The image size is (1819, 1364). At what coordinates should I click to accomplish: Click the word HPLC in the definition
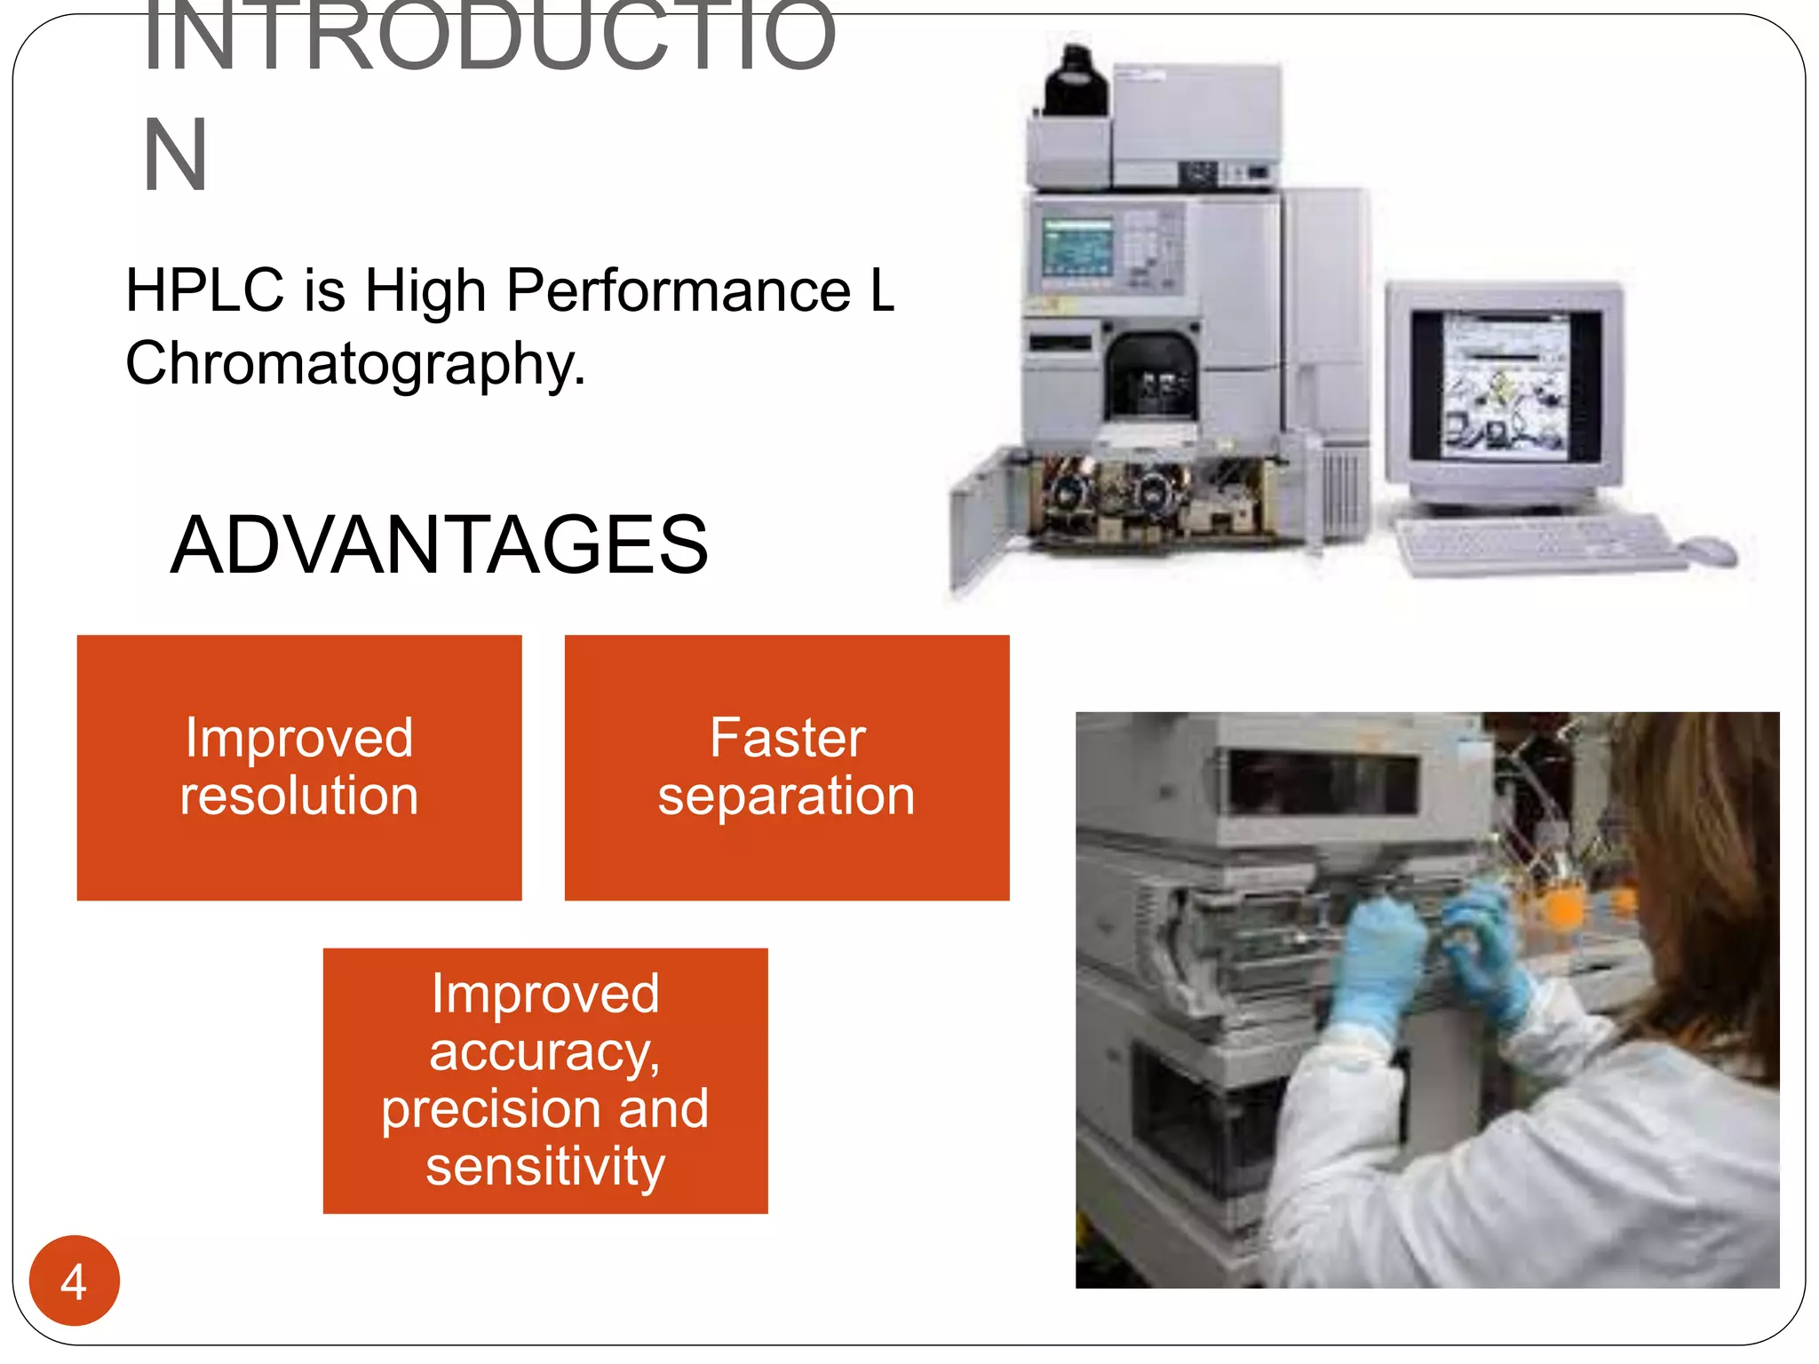204,290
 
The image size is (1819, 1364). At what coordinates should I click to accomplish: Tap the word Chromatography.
355,364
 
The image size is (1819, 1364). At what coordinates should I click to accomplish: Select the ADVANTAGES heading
439,544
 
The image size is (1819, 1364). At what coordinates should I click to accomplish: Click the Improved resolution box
299,767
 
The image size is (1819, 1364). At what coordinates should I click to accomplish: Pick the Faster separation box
787,767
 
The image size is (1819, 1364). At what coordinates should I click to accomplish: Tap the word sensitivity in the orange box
545,1167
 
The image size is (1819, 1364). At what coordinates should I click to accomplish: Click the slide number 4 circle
74,1281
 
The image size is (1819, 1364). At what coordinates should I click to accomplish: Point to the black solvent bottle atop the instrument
1076,82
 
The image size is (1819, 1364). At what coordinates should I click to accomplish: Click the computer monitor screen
1505,387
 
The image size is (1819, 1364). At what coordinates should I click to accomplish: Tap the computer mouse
1709,551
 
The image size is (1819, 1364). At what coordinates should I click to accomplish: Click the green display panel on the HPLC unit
1076,247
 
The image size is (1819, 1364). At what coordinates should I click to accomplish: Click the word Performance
679,290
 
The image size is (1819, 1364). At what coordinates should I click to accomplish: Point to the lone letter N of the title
175,155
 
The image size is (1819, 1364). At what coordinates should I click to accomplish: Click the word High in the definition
425,290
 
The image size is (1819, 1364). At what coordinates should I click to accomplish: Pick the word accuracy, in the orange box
545,1052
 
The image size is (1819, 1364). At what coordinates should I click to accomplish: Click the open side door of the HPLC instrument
981,524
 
